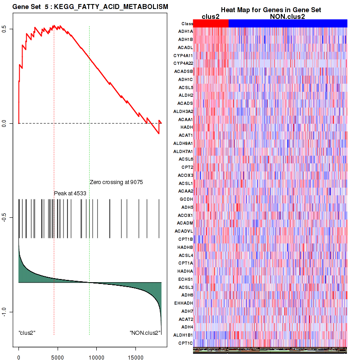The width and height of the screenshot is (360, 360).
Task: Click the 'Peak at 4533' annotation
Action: pos(70,193)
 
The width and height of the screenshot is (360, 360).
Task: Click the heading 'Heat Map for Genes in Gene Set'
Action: pos(270,10)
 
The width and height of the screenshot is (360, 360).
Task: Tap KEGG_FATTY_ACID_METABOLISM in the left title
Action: pos(111,7)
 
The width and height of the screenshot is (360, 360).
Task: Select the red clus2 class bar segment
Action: pos(211,23)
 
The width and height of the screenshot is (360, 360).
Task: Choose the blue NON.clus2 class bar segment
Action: pos(288,23)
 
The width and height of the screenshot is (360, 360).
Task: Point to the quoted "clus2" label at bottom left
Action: pos(27,333)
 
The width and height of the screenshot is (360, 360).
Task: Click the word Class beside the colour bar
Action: pos(187,24)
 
